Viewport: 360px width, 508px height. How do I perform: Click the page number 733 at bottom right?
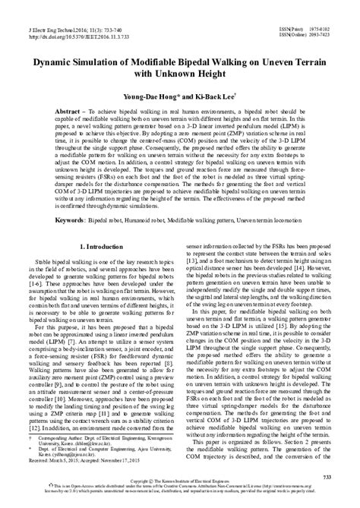coord(334,474)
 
